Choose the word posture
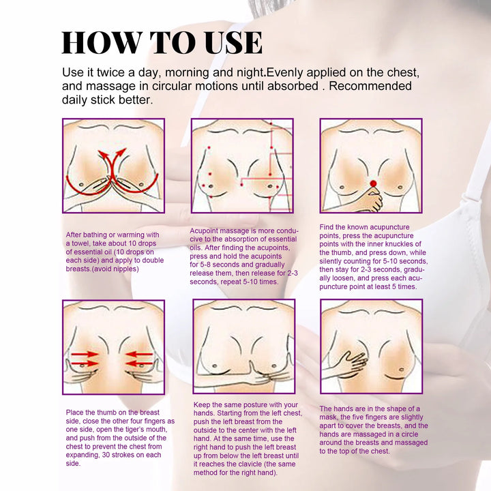pos(265,405)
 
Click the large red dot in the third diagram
pos(372,184)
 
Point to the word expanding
pos(85,455)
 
